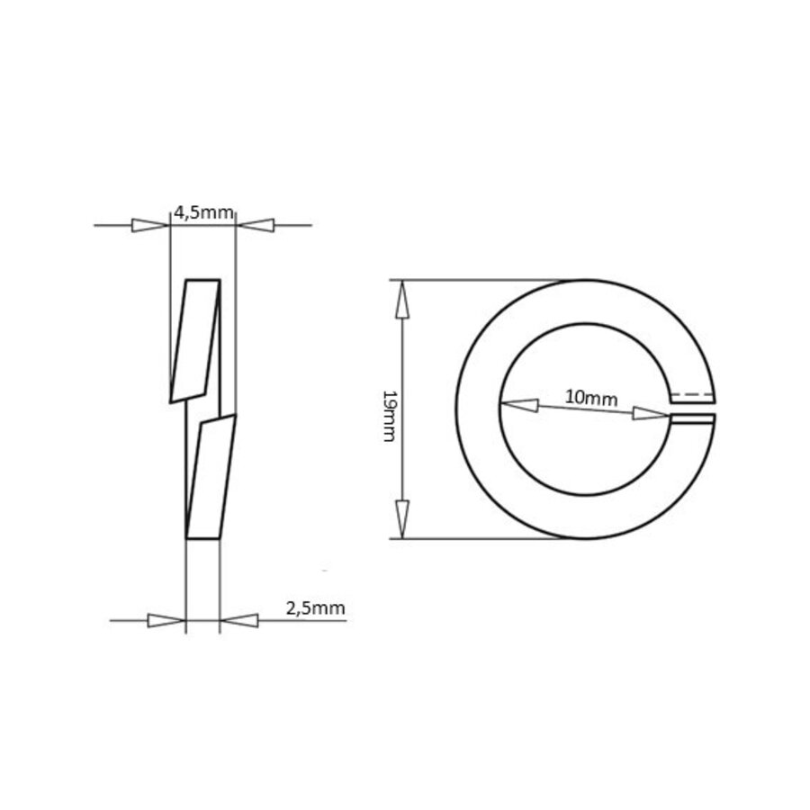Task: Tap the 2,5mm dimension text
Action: (x=315, y=608)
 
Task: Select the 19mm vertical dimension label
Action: (x=389, y=415)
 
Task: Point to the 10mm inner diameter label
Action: (x=591, y=397)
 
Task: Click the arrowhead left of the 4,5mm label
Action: (x=150, y=225)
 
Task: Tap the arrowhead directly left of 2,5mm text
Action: (x=238, y=620)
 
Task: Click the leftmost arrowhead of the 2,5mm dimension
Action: (x=166, y=620)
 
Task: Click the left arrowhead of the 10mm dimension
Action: (x=519, y=405)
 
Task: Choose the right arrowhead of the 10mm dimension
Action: (x=651, y=413)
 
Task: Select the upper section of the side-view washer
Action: (x=196, y=339)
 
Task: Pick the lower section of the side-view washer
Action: (x=210, y=477)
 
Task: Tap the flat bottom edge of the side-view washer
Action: (x=202, y=538)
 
